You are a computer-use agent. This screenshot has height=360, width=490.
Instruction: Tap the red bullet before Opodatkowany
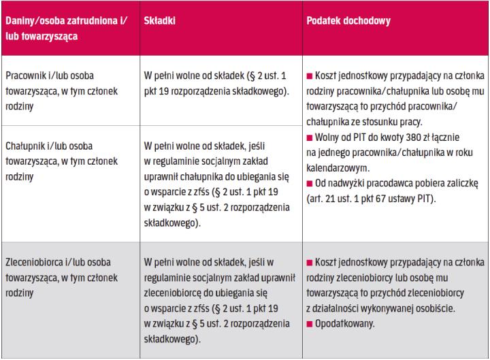click(x=310, y=322)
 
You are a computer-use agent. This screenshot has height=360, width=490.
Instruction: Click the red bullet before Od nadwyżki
click(x=310, y=184)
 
